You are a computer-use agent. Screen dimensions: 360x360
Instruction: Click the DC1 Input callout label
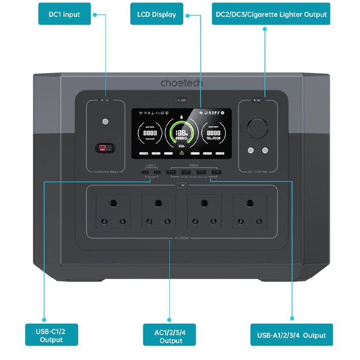pyautogui.click(x=64, y=14)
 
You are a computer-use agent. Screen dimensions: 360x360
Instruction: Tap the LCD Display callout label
pyautogui.click(x=157, y=14)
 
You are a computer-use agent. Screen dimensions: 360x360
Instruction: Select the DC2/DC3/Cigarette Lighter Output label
pyautogui.click(x=270, y=14)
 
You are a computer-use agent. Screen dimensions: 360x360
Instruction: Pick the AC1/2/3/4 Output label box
pyautogui.click(x=171, y=335)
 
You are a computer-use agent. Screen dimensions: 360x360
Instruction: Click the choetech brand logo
pyautogui.click(x=181, y=84)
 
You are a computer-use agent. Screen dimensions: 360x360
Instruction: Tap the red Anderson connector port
pyautogui.click(x=105, y=148)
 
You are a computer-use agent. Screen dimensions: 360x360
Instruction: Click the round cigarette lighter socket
pyautogui.click(x=257, y=128)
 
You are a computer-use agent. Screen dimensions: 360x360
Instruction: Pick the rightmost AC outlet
pyautogui.click(x=250, y=211)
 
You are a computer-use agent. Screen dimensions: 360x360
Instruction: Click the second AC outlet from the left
pyautogui.click(x=158, y=211)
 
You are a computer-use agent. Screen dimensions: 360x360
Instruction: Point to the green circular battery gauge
pyautogui.click(x=181, y=134)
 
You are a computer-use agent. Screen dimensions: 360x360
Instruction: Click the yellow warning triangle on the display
pyautogui.click(x=181, y=154)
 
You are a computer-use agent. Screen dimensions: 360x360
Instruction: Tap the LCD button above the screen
pyautogui.click(x=181, y=100)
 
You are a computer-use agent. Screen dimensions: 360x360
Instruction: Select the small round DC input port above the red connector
pyautogui.click(x=105, y=122)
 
